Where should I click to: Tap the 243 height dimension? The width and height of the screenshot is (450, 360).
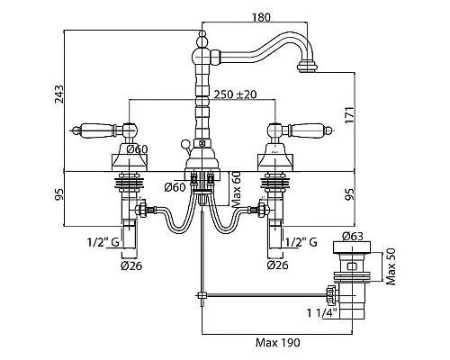coord(59,94)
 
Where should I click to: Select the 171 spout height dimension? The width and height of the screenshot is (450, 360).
coord(349,115)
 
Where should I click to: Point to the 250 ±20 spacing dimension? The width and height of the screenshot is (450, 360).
coord(235,94)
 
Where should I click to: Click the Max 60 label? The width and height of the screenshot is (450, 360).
coord(237,189)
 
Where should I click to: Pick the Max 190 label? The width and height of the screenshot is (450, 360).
coord(277,342)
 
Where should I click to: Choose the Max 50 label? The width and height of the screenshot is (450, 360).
coord(391,266)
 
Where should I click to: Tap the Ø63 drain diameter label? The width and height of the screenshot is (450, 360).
coord(352,237)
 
